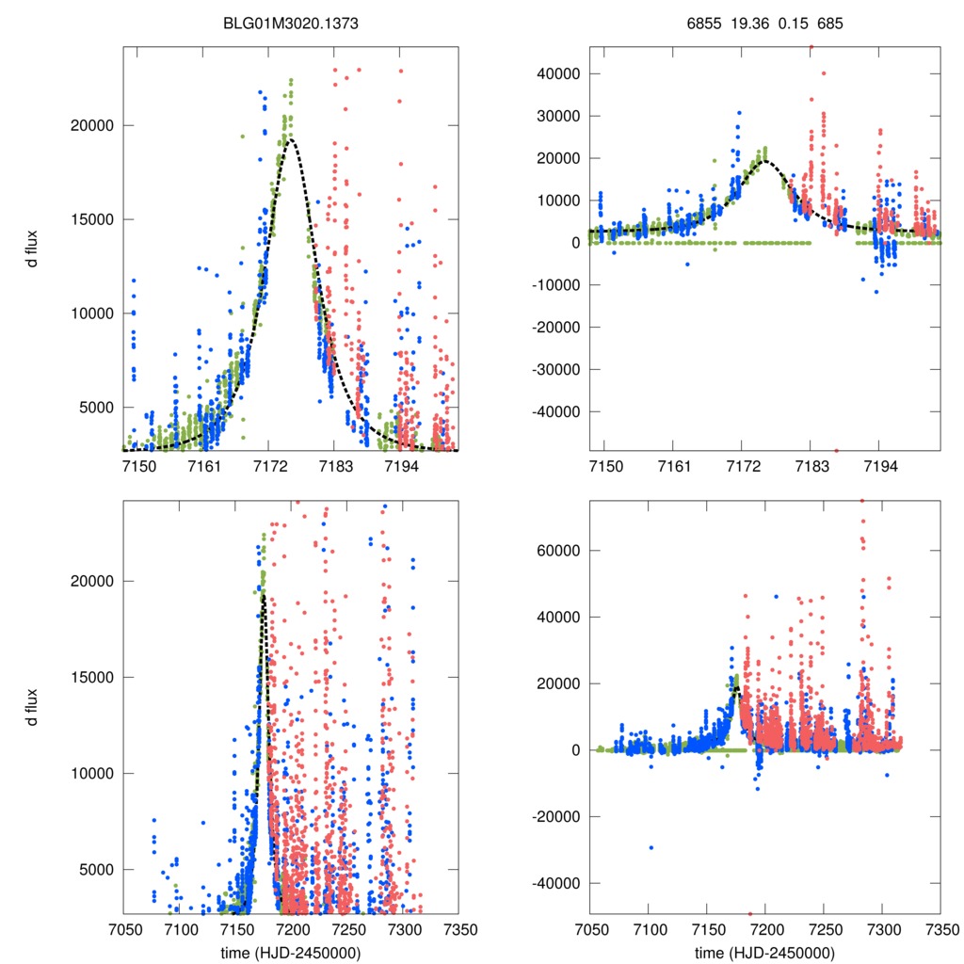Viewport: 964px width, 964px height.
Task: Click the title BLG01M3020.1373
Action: [291, 25]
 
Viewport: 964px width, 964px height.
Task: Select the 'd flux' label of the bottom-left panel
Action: [31, 707]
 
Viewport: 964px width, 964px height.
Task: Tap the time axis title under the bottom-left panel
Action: [291, 953]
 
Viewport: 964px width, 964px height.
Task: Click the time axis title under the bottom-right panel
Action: [764, 953]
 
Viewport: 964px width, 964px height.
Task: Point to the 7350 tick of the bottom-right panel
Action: [940, 929]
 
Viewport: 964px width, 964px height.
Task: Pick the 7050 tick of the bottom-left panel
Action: [124, 929]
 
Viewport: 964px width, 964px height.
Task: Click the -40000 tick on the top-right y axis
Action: [554, 412]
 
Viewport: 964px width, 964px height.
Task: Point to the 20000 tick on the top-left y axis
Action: [91, 125]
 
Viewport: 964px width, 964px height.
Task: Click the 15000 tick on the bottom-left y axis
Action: [91, 677]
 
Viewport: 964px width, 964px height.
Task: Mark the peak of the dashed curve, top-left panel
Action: [290, 139]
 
